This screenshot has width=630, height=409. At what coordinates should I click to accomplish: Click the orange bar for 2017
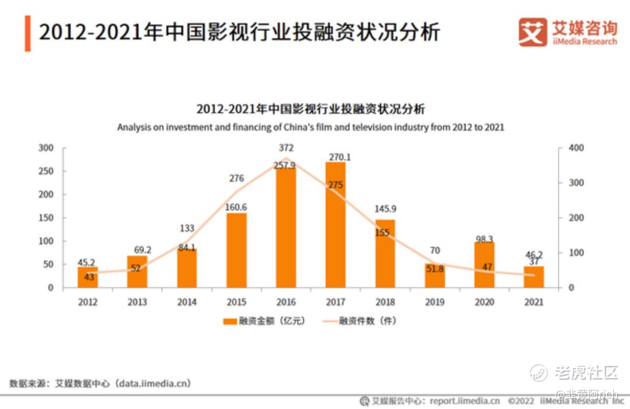(335, 225)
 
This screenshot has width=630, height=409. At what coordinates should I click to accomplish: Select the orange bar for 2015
(236, 250)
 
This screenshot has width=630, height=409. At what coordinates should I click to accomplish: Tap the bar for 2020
(484, 265)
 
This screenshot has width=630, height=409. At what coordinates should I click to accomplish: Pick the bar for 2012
(87, 277)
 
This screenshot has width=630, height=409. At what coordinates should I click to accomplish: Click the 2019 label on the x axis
(435, 302)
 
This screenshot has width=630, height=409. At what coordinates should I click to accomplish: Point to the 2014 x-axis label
(187, 302)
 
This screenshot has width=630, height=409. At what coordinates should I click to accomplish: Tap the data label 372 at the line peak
(286, 148)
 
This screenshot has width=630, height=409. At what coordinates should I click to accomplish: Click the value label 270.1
(339, 157)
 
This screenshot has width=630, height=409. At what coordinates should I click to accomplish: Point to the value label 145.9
(385, 208)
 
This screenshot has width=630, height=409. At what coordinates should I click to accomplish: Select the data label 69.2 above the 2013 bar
(142, 250)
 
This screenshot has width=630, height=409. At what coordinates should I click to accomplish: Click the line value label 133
(187, 228)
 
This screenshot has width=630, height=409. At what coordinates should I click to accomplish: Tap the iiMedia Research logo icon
(533, 32)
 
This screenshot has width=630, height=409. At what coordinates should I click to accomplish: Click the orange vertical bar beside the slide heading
(27, 33)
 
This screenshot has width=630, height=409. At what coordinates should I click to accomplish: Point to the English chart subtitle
(310, 127)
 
